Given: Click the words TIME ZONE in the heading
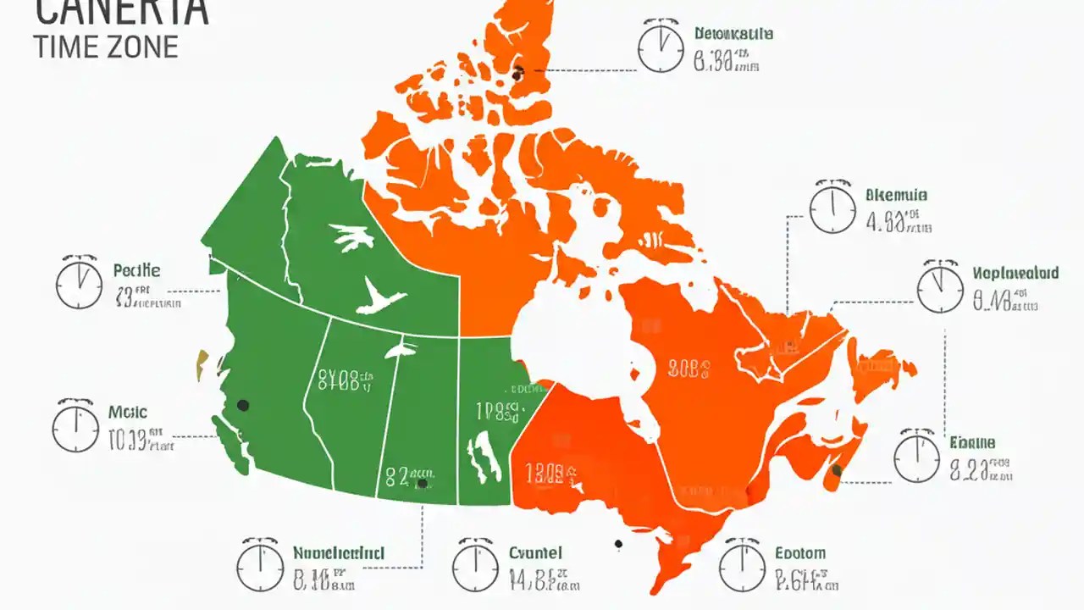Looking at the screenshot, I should click(106, 46).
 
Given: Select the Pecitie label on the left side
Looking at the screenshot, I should click(136, 271).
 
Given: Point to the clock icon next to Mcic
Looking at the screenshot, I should click(76, 426).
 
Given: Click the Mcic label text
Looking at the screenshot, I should click(128, 413).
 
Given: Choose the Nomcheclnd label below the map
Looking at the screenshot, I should click(339, 553).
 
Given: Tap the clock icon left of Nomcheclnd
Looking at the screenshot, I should click(259, 566).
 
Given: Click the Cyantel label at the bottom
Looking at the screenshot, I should click(535, 553).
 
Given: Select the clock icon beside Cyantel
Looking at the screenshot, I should click(475, 566).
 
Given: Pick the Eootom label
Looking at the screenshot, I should click(800, 553).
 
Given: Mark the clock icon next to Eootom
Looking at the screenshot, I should click(742, 566).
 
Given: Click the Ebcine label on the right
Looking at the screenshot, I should click(972, 442).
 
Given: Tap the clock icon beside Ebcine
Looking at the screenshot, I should click(917, 457).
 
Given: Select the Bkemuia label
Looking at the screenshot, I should click(897, 195).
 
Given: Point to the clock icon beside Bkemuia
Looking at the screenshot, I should click(832, 208).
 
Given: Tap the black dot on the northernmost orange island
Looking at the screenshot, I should click(517, 74).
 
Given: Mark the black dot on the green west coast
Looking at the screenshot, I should click(243, 406).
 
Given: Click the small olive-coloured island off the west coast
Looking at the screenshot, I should click(202, 365).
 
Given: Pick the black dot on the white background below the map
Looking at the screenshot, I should click(618, 544).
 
